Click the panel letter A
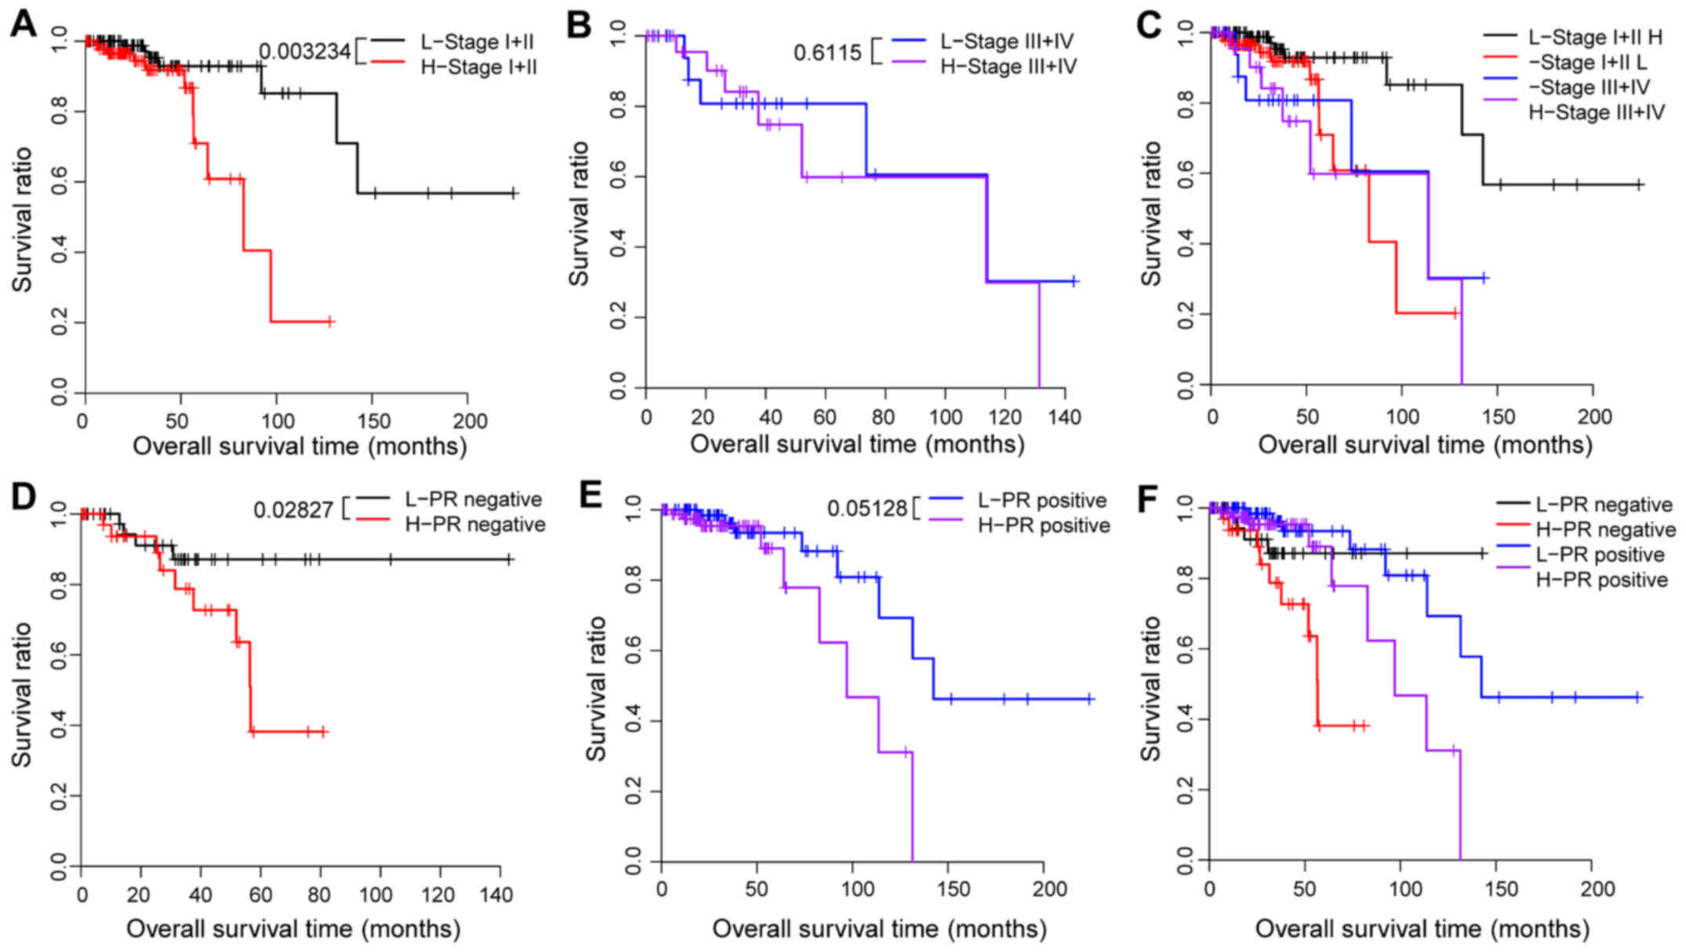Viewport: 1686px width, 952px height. coord(24,25)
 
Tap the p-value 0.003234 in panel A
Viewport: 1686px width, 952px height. coord(304,52)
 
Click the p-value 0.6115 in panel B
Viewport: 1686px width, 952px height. coord(827,53)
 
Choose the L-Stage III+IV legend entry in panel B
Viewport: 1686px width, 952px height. coord(1007,41)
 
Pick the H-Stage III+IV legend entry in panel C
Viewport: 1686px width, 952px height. coord(1596,112)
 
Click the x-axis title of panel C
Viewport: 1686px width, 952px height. coord(1425,445)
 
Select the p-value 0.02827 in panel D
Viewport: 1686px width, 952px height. coord(293,511)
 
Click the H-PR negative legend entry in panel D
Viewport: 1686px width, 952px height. coord(474,524)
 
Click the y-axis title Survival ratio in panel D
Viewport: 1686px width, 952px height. coord(22,694)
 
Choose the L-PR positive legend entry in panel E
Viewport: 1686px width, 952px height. coord(1041,500)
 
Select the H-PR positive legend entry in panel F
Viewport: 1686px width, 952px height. coord(1601,580)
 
